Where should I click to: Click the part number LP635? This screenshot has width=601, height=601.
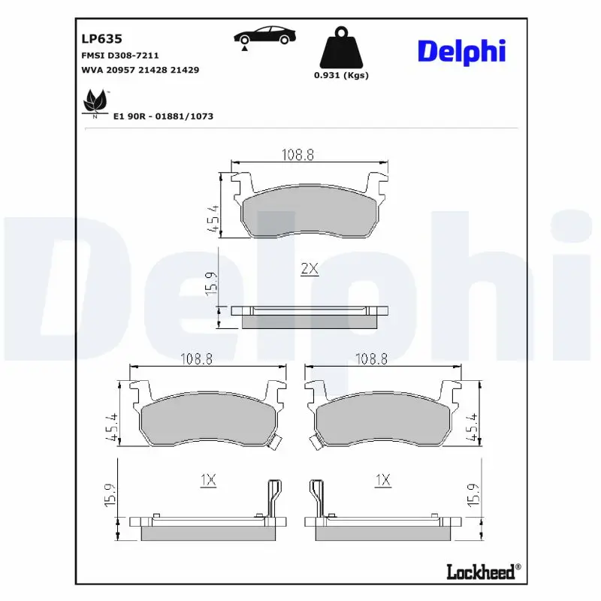[x=101, y=38]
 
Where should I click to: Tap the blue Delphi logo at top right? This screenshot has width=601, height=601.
[x=461, y=50]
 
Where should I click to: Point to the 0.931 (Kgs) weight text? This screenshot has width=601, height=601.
[x=341, y=75]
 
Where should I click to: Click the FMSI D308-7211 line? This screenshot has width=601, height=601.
[x=119, y=56]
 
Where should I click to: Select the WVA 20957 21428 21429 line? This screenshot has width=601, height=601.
[x=139, y=69]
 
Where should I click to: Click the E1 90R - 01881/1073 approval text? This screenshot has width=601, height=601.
[x=163, y=116]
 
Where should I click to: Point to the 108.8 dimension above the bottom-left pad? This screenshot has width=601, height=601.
[x=197, y=359]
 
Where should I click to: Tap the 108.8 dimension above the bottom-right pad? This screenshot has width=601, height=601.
[x=371, y=359]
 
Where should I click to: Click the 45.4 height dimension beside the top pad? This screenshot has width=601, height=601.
[x=213, y=219]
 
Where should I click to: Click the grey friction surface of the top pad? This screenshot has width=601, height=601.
[x=309, y=213]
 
